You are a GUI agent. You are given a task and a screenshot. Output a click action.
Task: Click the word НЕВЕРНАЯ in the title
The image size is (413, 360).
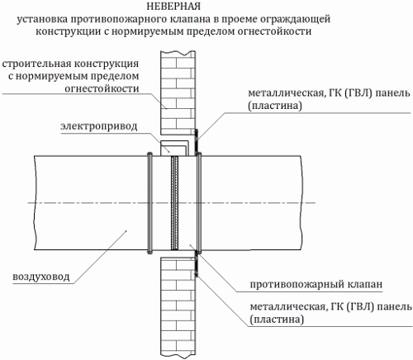tap(173, 7)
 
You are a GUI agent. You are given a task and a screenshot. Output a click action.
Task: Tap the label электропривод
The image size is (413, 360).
tap(99, 126)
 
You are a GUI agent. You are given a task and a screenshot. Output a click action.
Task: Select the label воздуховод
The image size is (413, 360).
tap(41, 277)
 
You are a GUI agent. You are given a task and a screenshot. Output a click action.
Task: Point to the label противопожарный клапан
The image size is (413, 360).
tap(316, 284)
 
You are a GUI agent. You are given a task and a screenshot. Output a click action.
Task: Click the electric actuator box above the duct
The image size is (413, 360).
tap(174, 149)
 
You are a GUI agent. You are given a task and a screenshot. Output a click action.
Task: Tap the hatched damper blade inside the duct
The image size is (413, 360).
tap(174, 203)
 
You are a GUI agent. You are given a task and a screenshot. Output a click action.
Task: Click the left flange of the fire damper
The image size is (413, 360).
tap(150, 203)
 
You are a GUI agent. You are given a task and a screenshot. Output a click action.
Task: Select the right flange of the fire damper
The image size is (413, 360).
tap(199, 203)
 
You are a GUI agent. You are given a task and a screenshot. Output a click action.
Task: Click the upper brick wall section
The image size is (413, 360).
tap(178, 92)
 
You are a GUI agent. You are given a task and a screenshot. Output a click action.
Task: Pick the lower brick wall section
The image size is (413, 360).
tap(178, 308)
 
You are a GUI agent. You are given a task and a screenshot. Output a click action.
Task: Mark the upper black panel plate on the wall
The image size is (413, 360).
tap(197, 143)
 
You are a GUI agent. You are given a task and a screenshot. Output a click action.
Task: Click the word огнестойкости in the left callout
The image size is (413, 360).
tap(102, 88)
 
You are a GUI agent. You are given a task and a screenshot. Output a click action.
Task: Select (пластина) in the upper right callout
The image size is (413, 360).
tap(275, 106)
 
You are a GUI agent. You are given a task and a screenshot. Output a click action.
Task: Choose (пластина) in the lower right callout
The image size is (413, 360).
tap(277, 320)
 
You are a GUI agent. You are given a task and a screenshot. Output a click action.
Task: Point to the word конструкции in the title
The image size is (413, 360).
tap(68, 31)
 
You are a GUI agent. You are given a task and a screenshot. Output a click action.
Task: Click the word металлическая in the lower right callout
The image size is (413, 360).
tap(287, 307)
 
